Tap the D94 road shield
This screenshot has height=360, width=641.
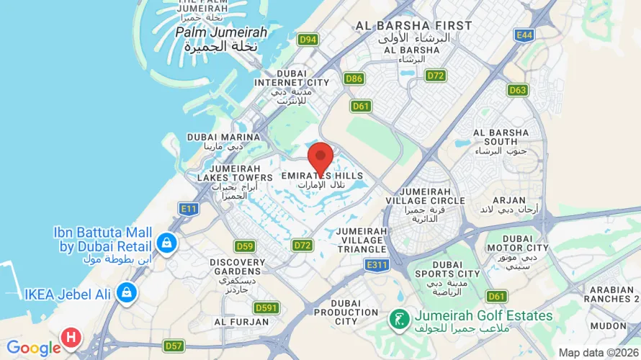[x=308, y=40]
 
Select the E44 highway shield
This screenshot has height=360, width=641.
[x=524, y=35]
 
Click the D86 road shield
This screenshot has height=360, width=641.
[x=354, y=78]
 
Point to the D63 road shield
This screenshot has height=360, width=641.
[x=518, y=90]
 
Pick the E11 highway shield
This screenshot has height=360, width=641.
[x=189, y=209]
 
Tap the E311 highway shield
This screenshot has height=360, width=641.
[x=377, y=266]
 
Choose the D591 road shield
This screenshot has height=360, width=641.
[x=266, y=308]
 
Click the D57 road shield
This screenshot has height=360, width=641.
[x=174, y=346]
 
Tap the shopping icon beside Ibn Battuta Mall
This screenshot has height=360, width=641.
[x=167, y=243]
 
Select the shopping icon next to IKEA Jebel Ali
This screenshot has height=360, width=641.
[x=127, y=293]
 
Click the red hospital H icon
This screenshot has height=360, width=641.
[x=71, y=336]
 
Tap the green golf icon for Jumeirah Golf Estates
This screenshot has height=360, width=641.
[x=397, y=317]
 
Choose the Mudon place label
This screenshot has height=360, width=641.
[x=608, y=325]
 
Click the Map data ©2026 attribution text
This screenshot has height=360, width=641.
[x=598, y=353]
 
